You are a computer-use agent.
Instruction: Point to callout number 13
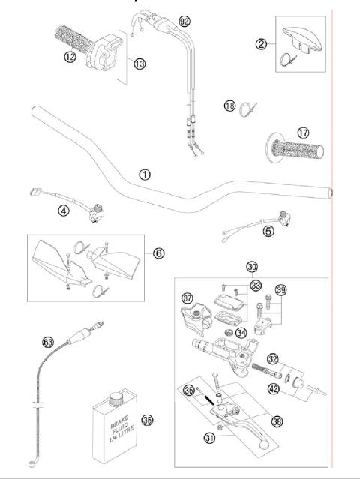tap(139, 64)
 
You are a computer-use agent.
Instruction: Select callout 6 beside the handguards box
tap(159, 253)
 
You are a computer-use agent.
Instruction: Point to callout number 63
tap(49, 343)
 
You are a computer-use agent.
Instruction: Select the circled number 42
tap(274, 389)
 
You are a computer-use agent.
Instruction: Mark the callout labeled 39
tap(281, 291)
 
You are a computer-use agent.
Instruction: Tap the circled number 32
tap(274, 358)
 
